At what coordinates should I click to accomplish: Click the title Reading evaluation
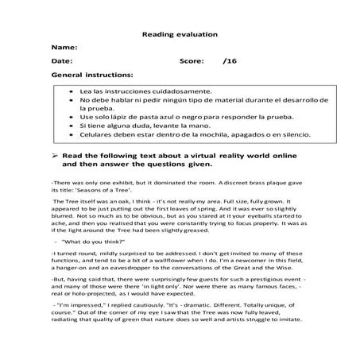[179, 35]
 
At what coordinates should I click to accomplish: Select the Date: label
[61, 60]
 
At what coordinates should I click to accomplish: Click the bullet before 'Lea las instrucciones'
[70, 93]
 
